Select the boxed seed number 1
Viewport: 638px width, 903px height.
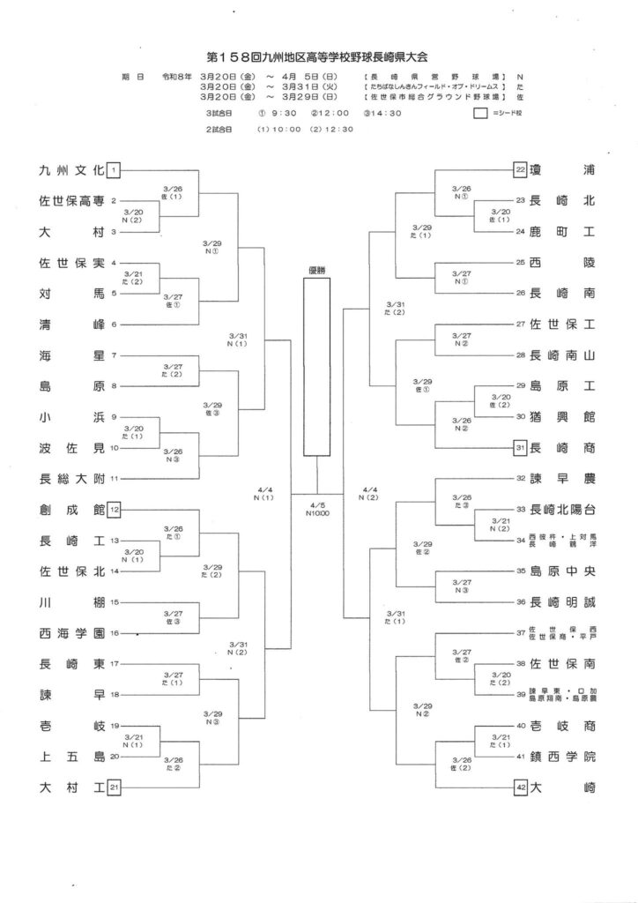click(115, 170)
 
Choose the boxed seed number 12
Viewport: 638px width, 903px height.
click(115, 510)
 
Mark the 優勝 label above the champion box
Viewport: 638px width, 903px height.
click(316, 271)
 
